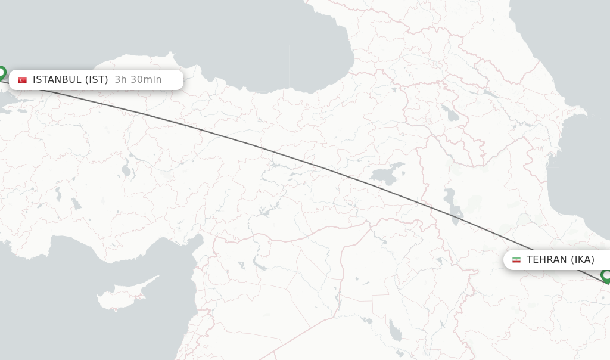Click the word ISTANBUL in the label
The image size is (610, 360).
click(x=57, y=80)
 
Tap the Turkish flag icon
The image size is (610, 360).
click(x=23, y=80)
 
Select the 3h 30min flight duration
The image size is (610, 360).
click(x=138, y=80)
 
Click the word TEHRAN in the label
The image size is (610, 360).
click(x=546, y=260)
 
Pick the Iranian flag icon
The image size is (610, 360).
click(x=516, y=260)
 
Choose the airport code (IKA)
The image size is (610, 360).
click(x=583, y=260)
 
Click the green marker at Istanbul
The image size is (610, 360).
click(x=1, y=73)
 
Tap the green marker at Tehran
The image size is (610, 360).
click(x=606, y=276)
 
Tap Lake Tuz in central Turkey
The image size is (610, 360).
click(x=126, y=170)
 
